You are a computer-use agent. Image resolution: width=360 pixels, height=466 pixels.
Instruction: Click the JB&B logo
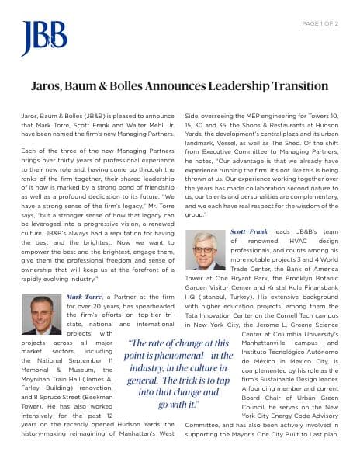pos(44,38)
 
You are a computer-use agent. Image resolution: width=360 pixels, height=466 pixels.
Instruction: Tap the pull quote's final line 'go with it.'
pos(178,405)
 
